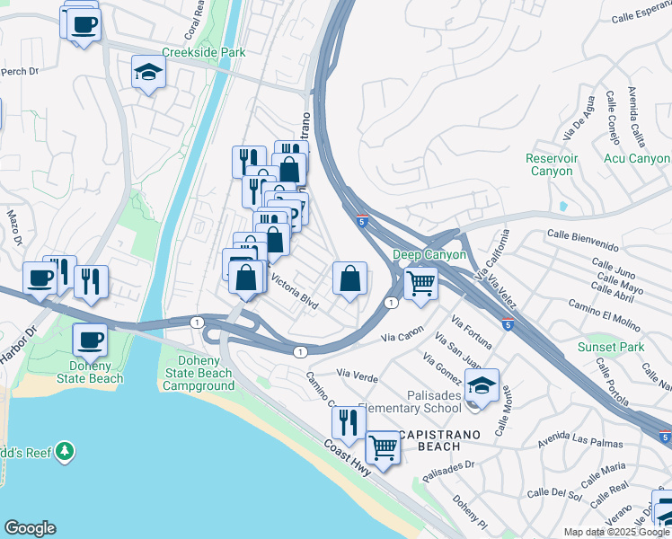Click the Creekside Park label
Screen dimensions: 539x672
click(x=204, y=53)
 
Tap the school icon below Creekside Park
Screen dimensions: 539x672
click(x=148, y=72)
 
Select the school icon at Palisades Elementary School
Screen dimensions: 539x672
click(x=482, y=385)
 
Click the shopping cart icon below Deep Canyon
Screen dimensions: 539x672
click(x=420, y=284)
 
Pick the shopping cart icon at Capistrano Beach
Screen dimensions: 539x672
click(x=384, y=446)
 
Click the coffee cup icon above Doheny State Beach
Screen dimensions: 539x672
click(x=90, y=340)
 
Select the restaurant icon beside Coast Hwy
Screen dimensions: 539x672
click(x=349, y=421)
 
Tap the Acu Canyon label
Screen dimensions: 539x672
click(x=637, y=159)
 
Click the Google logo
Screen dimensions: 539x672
click(x=30, y=528)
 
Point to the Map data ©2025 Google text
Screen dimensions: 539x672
click(x=616, y=532)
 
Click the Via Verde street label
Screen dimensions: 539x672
click(x=357, y=372)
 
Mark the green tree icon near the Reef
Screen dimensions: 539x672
click(x=64, y=450)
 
